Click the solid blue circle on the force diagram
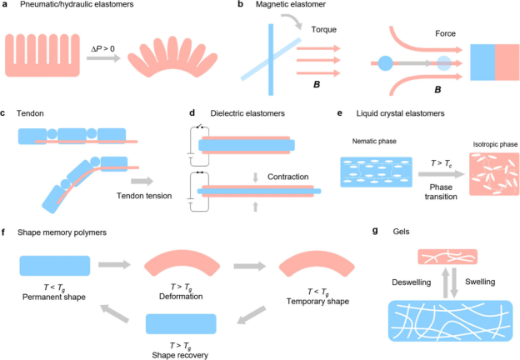pyautogui.click(x=386, y=63)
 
